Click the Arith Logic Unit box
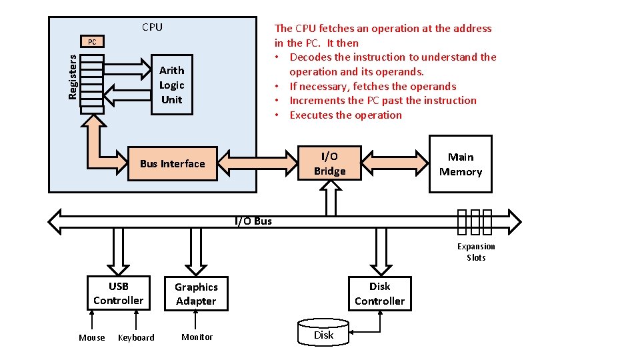[172, 85]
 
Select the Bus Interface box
[172, 164]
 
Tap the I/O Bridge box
[329, 164]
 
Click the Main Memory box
[460, 164]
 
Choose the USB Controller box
[118, 293]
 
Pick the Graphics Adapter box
[196, 294]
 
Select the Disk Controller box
[379, 293]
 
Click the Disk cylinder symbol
[323, 334]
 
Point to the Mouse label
[91, 338]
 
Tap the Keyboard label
[136, 338]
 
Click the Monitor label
[197, 337]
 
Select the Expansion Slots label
[476, 252]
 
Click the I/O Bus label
[253, 221]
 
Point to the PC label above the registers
[92, 42]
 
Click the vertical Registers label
[73, 77]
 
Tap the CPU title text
[152, 27]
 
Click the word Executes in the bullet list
[311, 115]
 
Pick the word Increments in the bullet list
[317, 101]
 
